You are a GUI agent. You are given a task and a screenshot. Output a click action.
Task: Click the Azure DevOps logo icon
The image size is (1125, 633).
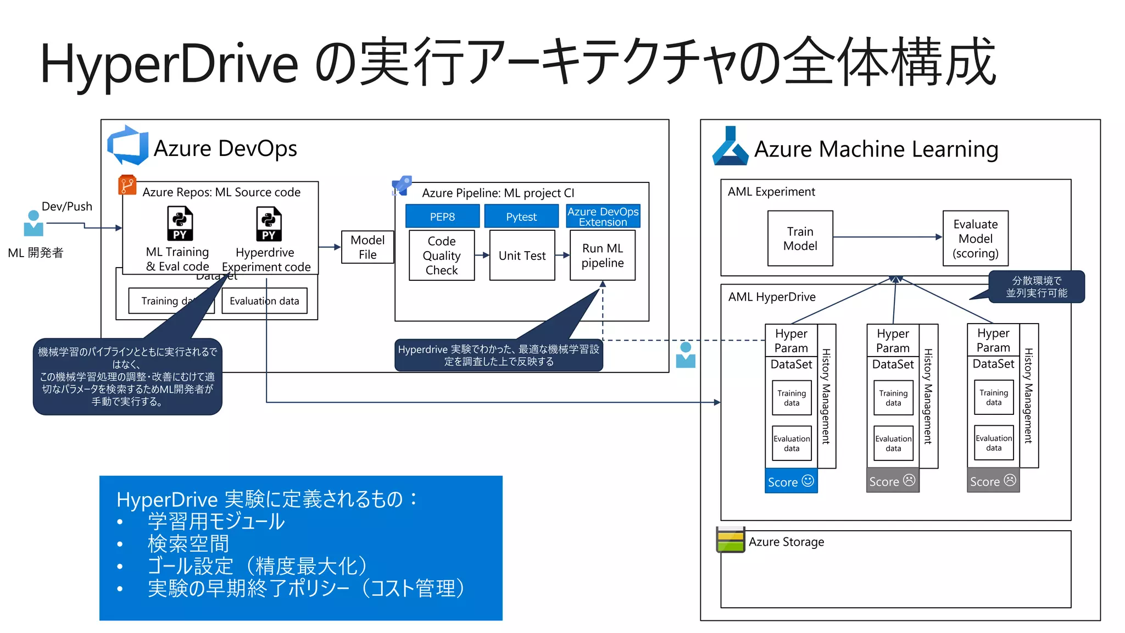coord(127,146)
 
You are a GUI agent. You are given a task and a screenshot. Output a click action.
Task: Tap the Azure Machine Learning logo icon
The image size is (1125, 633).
coord(730,147)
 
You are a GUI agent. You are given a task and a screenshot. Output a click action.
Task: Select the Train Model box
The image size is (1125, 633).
coord(800,238)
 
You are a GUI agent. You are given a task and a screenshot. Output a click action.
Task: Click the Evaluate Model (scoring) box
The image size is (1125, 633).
coord(975,238)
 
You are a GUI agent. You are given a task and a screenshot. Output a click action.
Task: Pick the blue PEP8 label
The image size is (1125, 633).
coord(442,216)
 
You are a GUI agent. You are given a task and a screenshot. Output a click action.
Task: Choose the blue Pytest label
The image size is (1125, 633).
coord(521,216)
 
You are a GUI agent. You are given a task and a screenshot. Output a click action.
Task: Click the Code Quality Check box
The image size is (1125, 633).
coord(442,256)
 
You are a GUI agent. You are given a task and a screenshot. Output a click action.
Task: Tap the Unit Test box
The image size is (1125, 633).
coord(522,256)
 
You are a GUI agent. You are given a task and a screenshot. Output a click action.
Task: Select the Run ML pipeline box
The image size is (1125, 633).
coord(602,256)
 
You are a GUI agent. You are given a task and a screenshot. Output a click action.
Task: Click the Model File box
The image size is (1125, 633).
coord(367,247)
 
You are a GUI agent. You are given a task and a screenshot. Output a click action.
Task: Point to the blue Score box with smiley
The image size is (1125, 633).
coord(791,481)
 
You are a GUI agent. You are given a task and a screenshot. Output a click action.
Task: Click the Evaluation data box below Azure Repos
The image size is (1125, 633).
coord(264,301)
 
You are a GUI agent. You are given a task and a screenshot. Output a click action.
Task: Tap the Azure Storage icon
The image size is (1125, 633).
coord(730,540)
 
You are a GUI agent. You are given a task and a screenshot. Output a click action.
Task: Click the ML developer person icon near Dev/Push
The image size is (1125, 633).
coord(34,224)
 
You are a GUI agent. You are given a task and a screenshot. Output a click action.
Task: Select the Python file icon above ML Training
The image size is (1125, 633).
coord(180,224)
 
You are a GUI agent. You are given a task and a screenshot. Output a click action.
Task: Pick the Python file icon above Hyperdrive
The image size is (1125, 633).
coord(269,224)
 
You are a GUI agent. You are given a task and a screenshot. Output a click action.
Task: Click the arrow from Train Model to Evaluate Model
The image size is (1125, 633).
coord(887,237)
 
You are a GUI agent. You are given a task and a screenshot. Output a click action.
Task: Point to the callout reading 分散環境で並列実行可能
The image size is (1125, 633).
coord(1036,287)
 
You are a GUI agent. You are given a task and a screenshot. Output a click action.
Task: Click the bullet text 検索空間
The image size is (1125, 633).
coord(188,543)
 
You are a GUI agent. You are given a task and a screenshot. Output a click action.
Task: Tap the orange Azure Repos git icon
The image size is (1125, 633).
coord(127,185)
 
